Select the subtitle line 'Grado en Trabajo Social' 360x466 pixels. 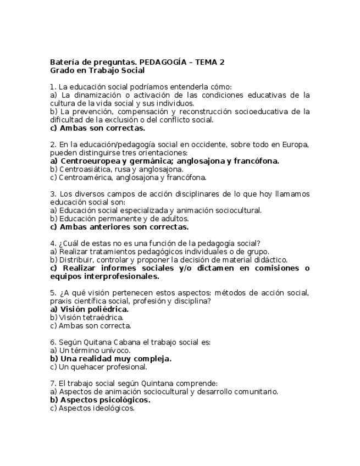click(97, 70)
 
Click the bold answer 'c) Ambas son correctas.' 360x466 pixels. click(97, 128)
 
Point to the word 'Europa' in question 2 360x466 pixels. click(296, 145)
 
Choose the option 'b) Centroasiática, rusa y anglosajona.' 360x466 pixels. click(117, 169)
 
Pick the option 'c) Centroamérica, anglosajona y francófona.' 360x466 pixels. click(128, 177)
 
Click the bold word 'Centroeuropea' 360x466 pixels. click(90, 161)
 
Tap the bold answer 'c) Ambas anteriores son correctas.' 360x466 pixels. click(119, 226)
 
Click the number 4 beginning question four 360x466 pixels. click(52, 243)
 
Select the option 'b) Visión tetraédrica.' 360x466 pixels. click(87, 317)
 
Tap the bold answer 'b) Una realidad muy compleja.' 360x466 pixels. click(110, 358)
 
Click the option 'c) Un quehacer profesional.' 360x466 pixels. click(98, 367)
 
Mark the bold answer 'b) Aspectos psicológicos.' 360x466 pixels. click(100, 400)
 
